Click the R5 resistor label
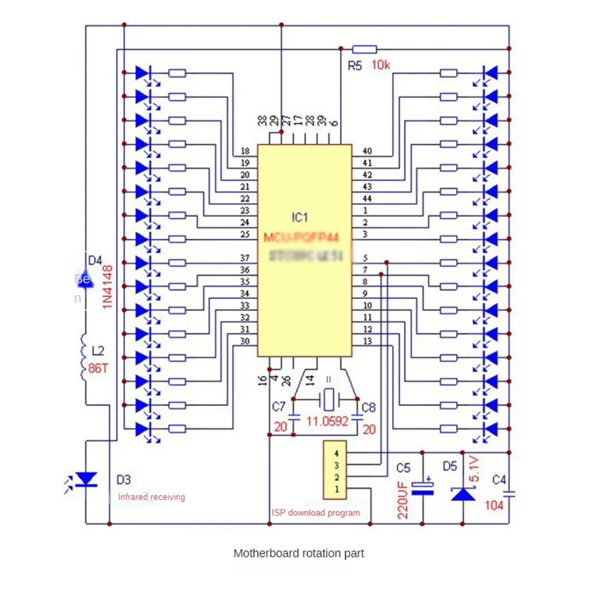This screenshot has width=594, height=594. pyautogui.click(x=355, y=66)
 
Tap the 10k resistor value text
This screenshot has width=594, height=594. pyautogui.click(x=380, y=66)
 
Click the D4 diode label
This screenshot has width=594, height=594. pyautogui.click(x=95, y=261)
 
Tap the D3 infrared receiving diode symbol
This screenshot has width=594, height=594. pyautogui.click(x=86, y=480)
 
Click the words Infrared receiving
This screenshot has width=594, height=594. pyautogui.click(x=151, y=497)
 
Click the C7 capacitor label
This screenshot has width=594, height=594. pyautogui.click(x=278, y=406)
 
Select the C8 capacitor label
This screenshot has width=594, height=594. pyautogui.click(x=368, y=406)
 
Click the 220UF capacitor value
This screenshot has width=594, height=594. pyautogui.click(x=403, y=498)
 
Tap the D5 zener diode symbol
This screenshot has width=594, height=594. pyautogui.click(x=463, y=492)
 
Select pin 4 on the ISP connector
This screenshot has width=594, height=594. pyautogui.click(x=336, y=451)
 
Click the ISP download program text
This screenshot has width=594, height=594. pyautogui.click(x=316, y=513)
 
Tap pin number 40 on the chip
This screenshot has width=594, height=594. pyautogui.click(x=366, y=151)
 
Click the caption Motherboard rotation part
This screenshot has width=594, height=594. pyautogui.click(x=298, y=553)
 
